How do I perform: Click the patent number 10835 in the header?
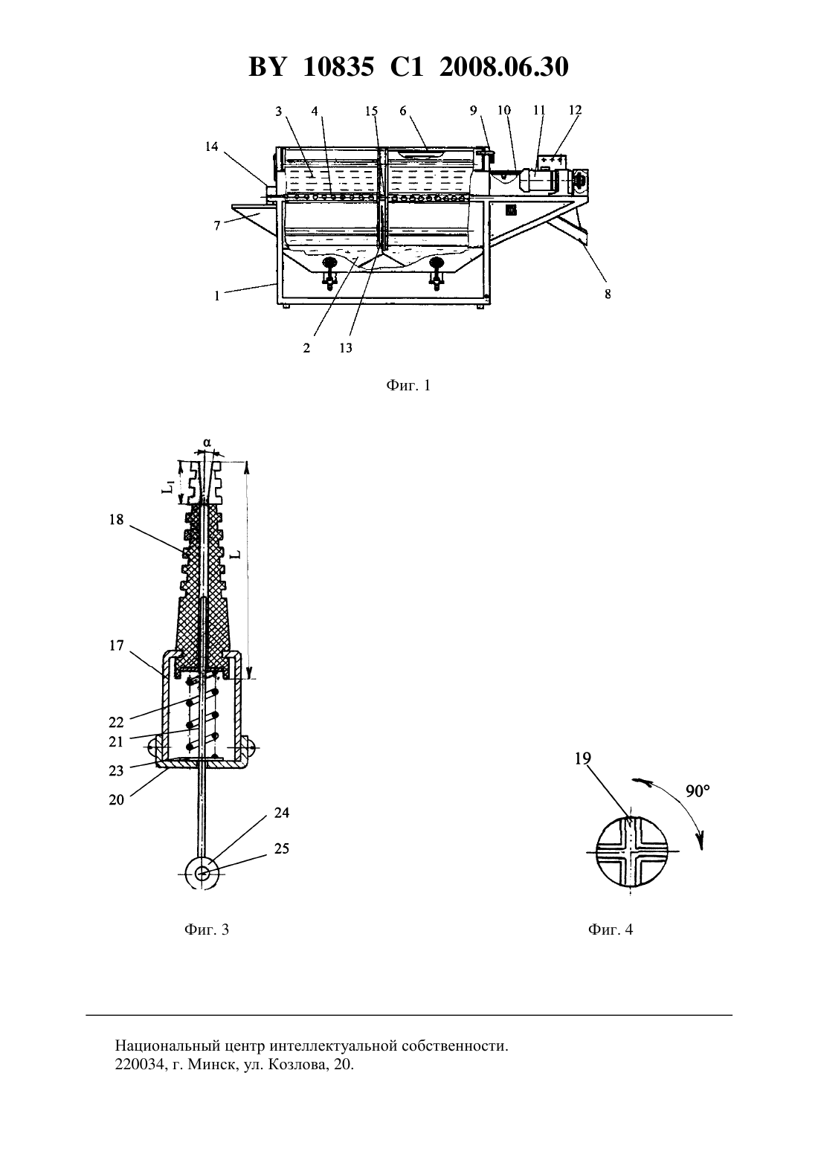338,67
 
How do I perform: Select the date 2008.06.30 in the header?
504,67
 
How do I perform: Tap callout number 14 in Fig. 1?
212,146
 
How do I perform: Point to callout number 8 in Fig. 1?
608,294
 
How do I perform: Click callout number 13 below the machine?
346,348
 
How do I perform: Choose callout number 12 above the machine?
576,110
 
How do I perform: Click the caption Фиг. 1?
408,385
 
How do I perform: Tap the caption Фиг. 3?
207,929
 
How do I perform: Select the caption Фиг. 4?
611,929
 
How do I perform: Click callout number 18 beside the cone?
117,520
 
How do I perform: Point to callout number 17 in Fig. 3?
117,645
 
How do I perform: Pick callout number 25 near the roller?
281,848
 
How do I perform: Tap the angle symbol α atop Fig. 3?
207,442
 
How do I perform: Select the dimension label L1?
168,486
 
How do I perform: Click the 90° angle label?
698,790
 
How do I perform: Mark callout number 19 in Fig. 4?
583,758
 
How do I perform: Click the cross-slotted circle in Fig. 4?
630,851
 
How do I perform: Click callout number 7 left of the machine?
217,226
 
